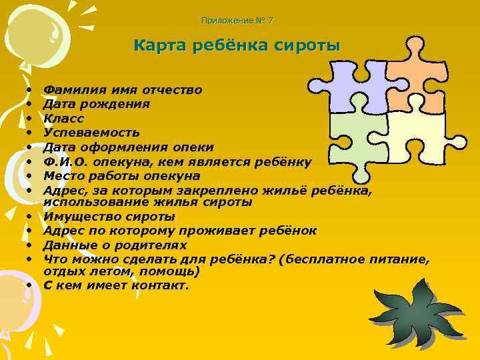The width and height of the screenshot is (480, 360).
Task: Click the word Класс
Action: tap(63, 119)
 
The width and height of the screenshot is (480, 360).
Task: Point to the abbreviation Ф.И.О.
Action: tap(65, 162)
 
